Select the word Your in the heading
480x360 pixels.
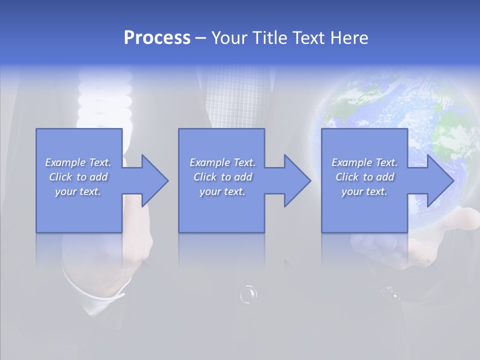click(229, 38)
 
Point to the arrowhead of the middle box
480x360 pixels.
click(296, 180)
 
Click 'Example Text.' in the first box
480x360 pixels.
click(78, 162)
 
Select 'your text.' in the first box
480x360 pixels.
click(78, 191)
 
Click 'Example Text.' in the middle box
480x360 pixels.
click(222, 162)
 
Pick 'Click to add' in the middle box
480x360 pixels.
click(222, 177)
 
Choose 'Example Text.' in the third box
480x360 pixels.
click(364, 162)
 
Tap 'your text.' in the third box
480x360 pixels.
click(364, 191)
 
